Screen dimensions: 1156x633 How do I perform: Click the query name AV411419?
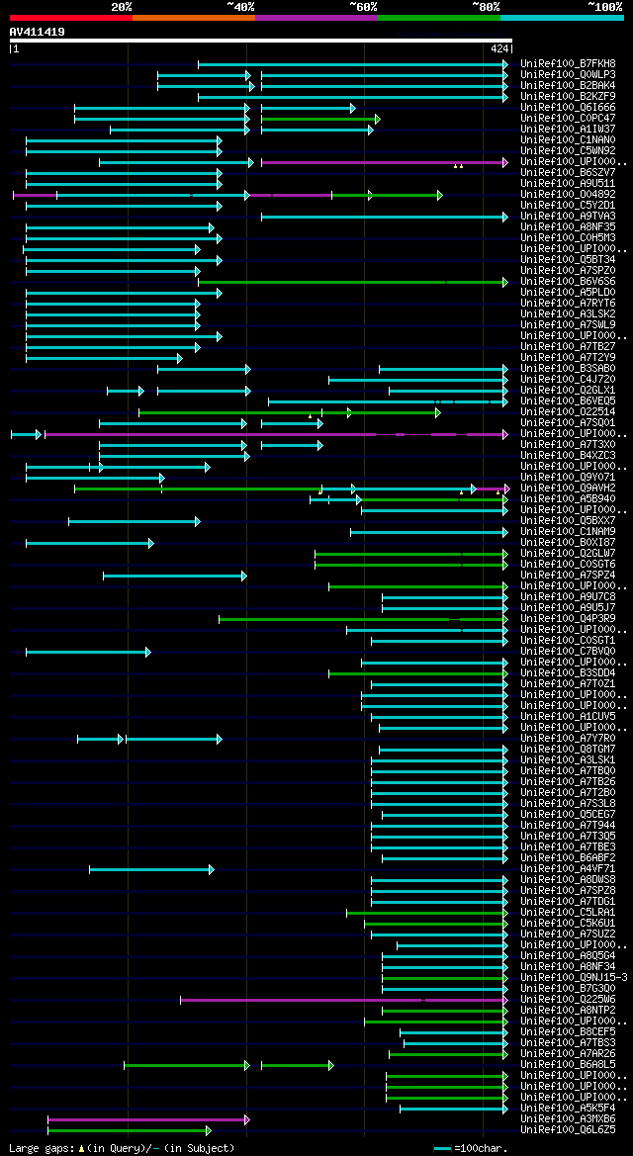pyautogui.click(x=38, y=32)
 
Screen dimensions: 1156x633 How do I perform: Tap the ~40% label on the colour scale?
pyautogui.click(x=240, y=7)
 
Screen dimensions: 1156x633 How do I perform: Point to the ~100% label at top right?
pyautogui.click(x=604, y=7)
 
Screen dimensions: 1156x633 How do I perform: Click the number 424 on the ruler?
pyautogui.click(x=498, y=48)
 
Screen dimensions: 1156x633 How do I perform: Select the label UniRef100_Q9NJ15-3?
pyautogui.click(x=573, y=978)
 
